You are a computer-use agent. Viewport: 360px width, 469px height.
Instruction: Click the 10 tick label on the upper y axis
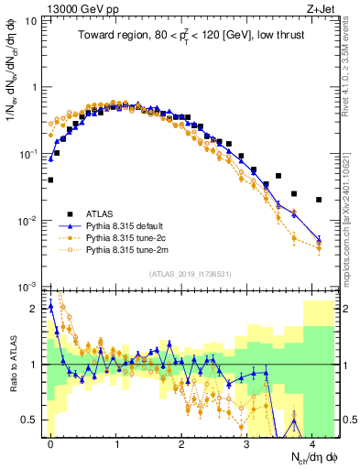(x=32, y=20)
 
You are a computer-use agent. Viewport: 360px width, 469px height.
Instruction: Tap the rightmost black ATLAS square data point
(x=319, y=200)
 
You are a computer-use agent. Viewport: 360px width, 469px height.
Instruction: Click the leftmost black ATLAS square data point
(x=50, y=180)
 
